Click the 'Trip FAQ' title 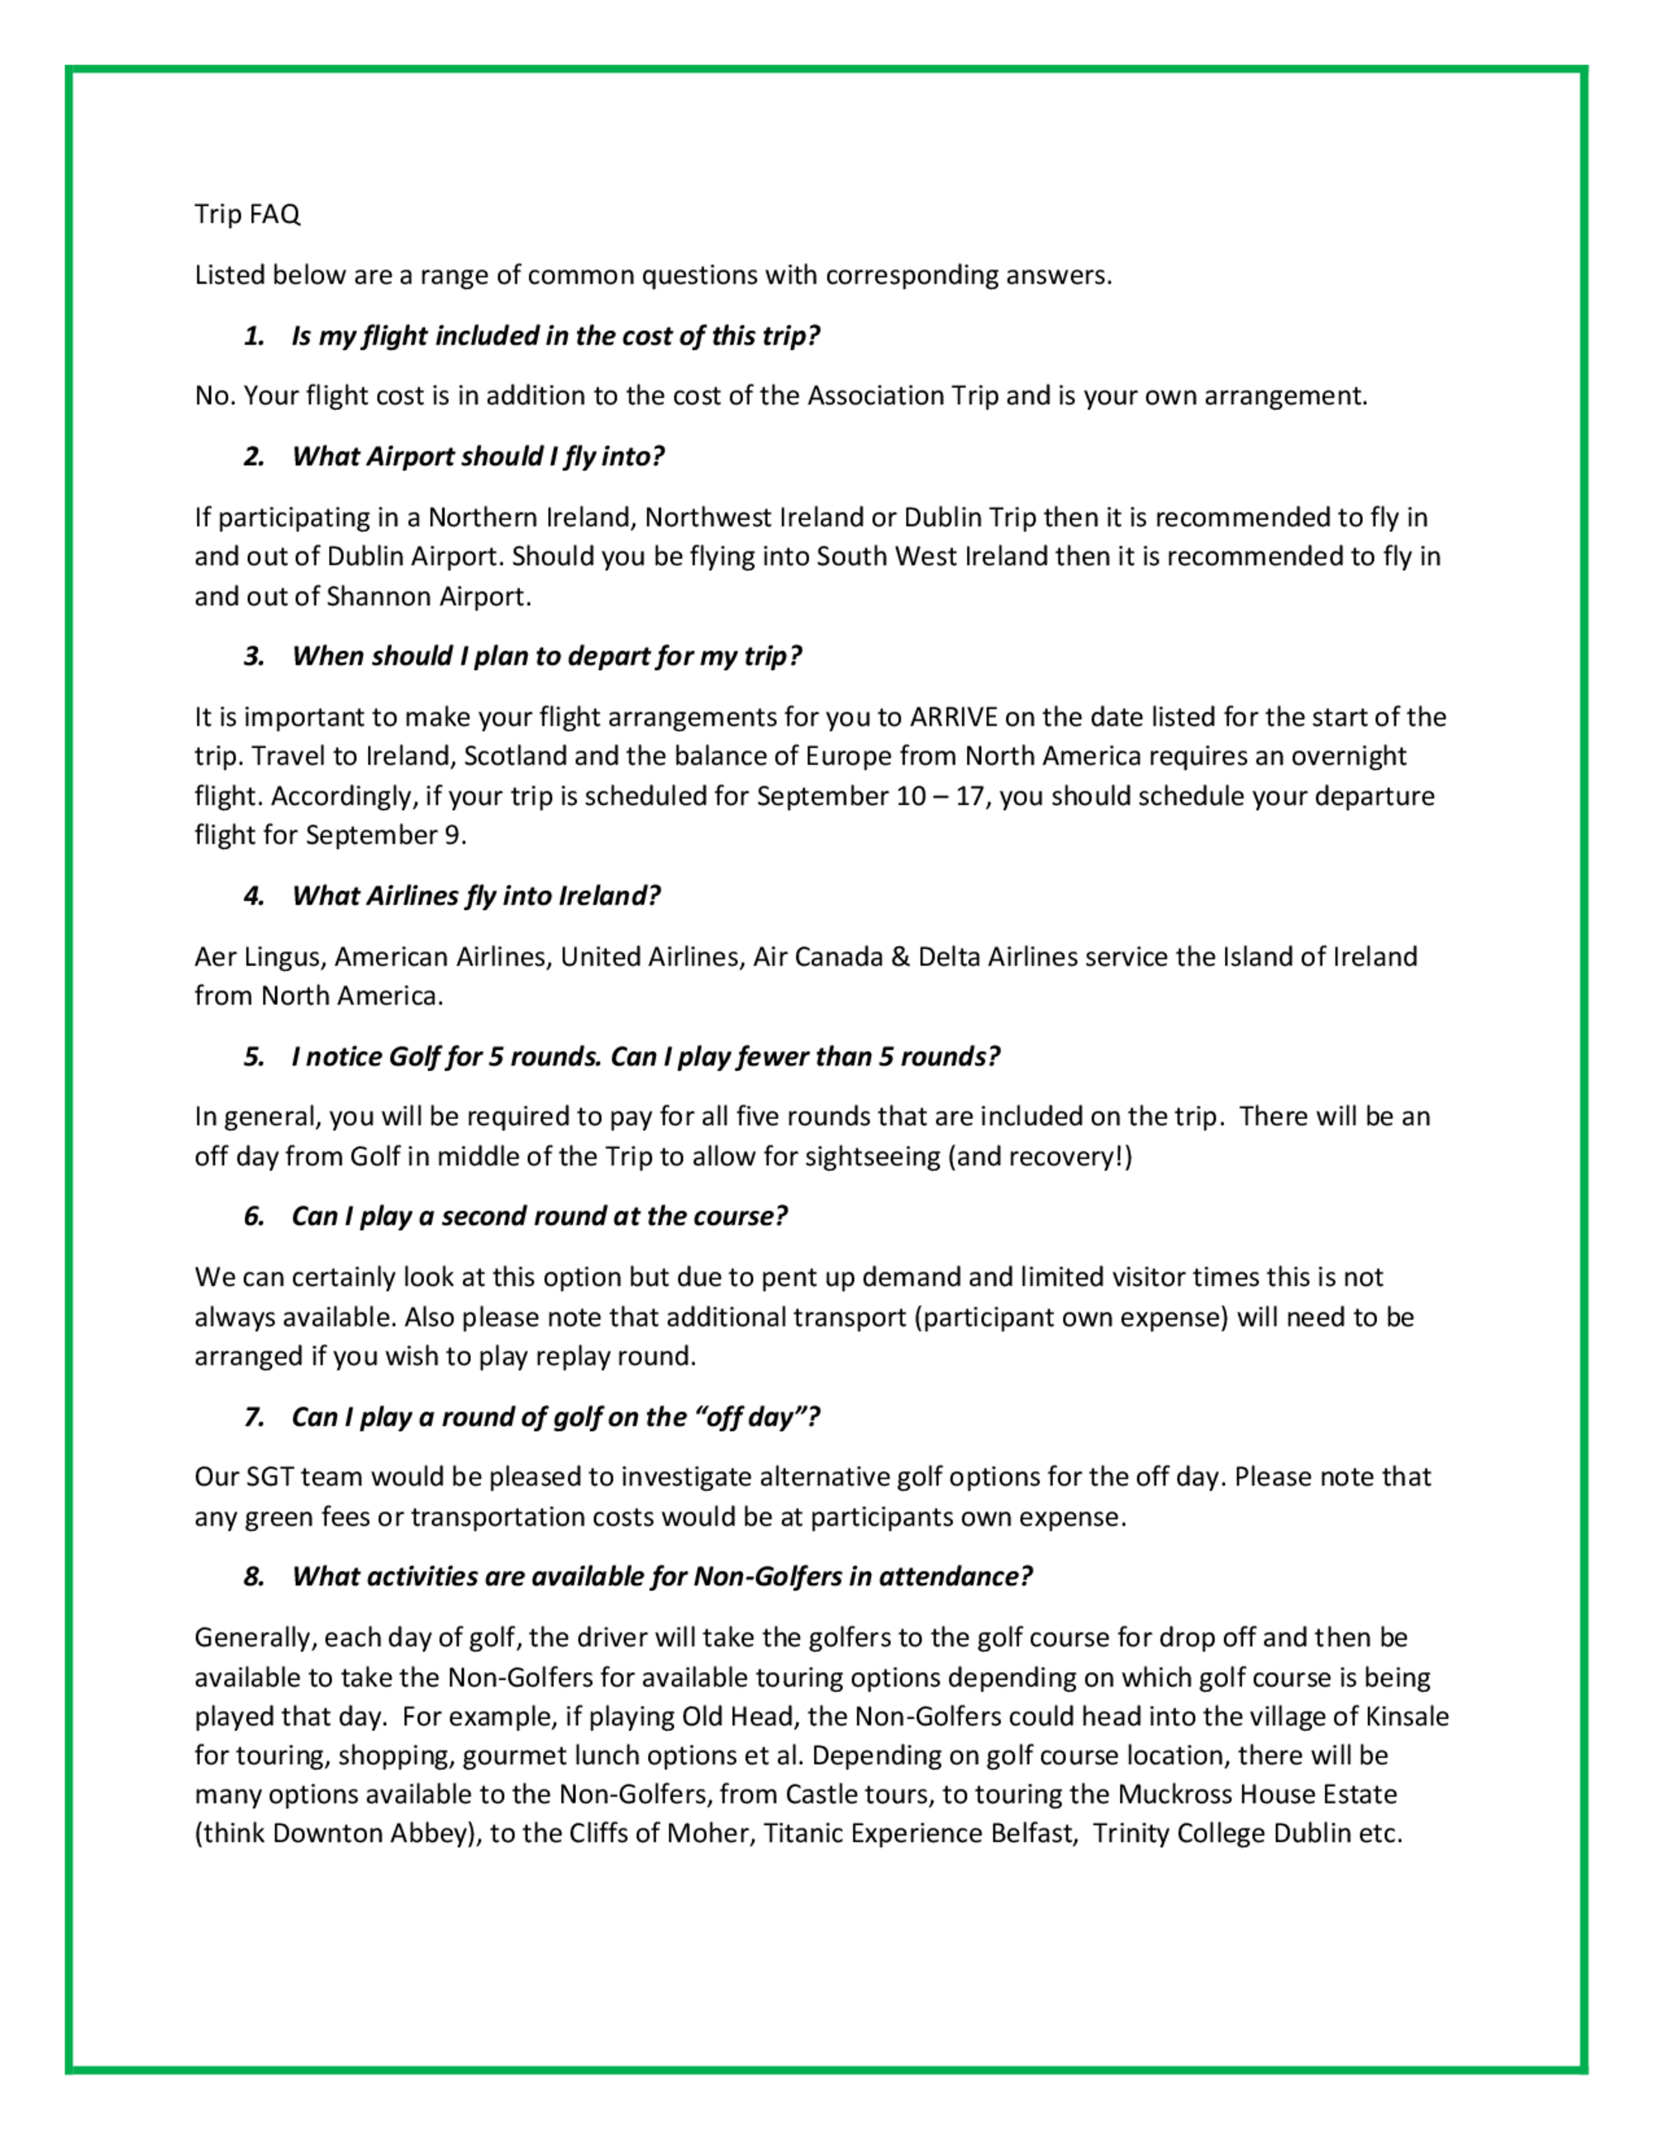[247, 213]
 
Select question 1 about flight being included [555, 336]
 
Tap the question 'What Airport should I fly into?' [478, 456]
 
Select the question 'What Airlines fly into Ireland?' [476, 896]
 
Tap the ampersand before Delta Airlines [900, 957]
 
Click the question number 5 [255, 1057]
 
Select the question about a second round [539, 1217]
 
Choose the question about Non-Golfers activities [662, 1577]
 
